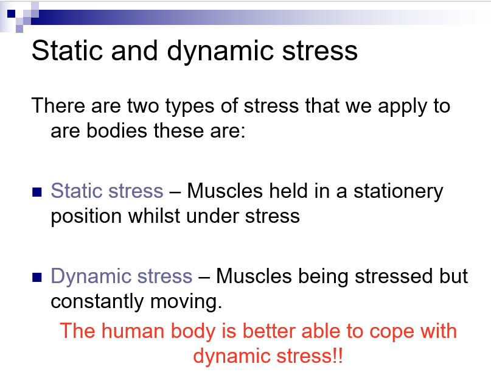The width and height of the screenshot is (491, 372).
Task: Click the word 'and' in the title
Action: (x=134, y=51)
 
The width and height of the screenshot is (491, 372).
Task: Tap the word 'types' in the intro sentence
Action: (x=189, y=107)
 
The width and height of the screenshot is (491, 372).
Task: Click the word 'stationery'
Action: (x=399, y=192)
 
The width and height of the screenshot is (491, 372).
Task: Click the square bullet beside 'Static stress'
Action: (x=37, y=192)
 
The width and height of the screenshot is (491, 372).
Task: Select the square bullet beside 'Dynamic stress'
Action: (x=37, y=277)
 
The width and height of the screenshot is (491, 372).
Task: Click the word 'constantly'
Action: (x=97, y=301)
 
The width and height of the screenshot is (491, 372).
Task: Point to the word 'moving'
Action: (x=186, y=302)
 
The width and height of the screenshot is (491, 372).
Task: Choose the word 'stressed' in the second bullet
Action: (x=394, y=276)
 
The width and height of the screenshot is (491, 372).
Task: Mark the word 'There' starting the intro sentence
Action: (x=58, y=105)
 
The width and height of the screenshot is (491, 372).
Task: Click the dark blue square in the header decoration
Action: (x=12, y=13)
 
